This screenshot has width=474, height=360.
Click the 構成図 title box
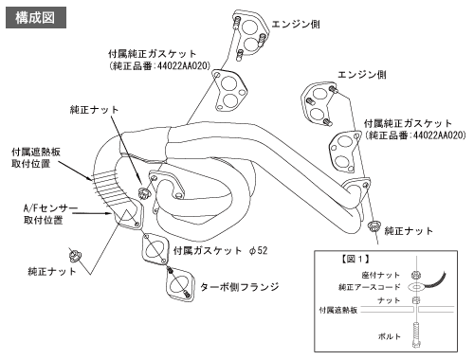[36, 18]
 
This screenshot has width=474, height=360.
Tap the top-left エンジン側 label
[296, 24]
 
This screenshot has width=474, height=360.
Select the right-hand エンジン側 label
[362, 75]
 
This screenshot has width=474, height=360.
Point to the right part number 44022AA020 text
[439, 135]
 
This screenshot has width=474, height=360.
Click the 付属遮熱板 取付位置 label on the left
[36, 158]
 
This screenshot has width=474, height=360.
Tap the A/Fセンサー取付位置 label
[50, 214]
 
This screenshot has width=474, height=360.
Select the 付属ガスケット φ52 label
[220, 251]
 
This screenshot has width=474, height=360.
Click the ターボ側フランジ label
[240, 287]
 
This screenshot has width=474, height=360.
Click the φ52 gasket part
[155, 249]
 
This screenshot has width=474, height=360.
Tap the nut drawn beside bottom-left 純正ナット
[75, 255]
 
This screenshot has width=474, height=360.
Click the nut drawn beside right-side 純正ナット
[374, 226]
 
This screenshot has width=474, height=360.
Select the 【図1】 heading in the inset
[355, 260]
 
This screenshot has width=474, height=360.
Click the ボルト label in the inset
[389, 336]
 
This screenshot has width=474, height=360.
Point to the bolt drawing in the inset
[416, 334]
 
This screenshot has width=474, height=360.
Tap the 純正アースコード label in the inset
[369, 287]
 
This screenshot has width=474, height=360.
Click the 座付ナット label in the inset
[381, 275]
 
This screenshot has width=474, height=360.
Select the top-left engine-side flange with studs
[251, 34]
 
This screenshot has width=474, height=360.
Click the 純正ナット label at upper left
[94, 110]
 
